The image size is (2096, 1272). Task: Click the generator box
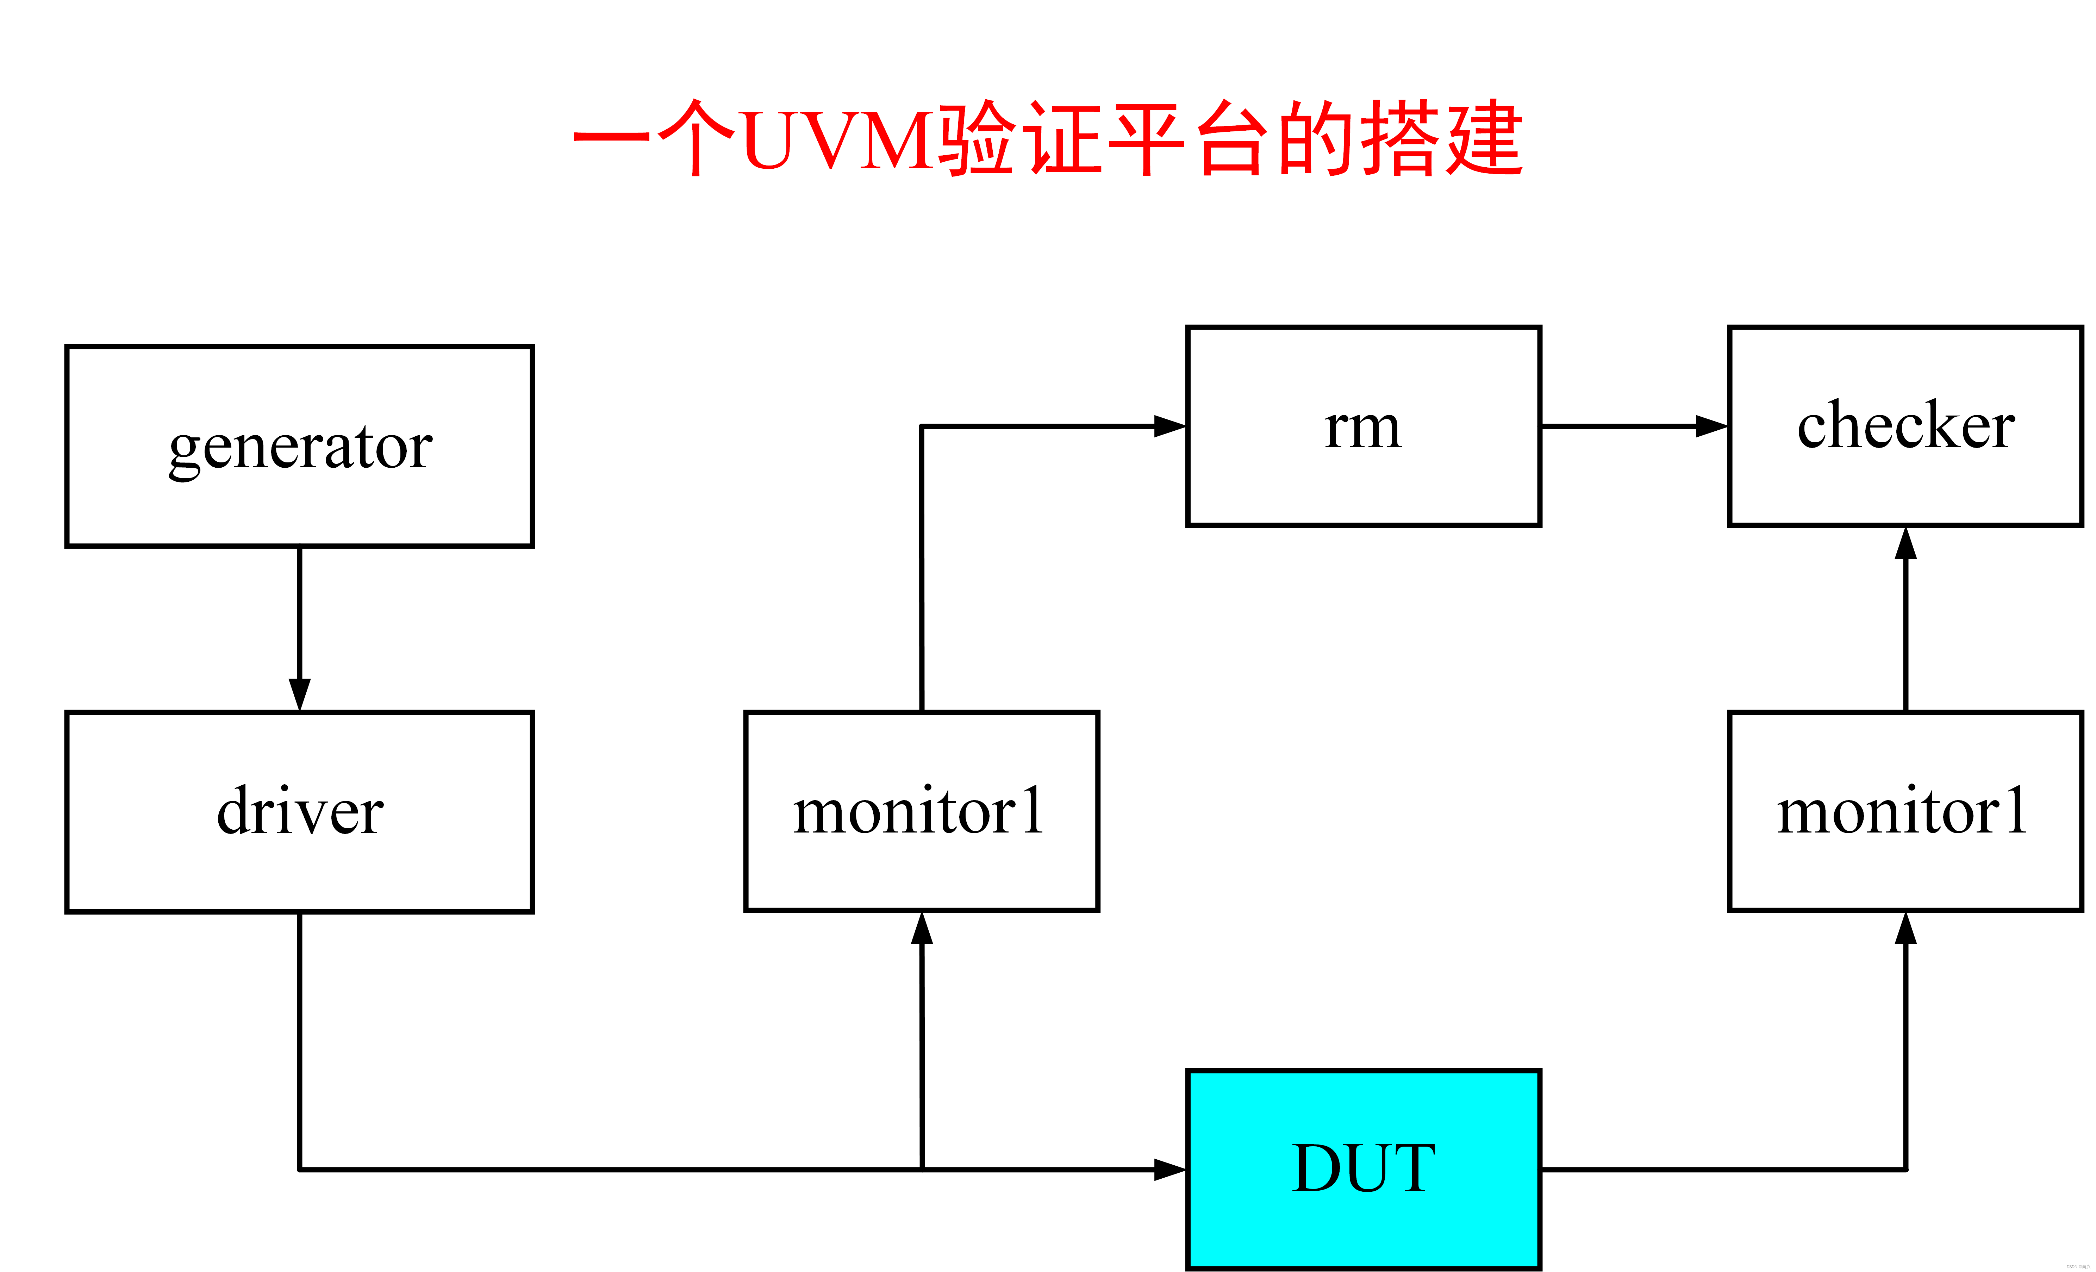click(x=299, y=446)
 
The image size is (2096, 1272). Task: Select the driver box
click(x=299, y=812)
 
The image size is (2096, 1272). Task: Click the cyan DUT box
click(x=1363, y=1169)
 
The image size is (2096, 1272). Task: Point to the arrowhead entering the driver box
click(x=299, y=693)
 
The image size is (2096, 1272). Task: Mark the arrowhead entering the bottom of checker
click(x=1905, y=544)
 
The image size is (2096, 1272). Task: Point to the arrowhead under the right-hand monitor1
click(x=1905, y=929)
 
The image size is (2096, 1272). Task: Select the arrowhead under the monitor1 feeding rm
click(x=921, y=929)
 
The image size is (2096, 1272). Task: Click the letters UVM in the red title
click(x=838, y=141)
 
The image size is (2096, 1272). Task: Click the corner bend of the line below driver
click(x=299, y=1169)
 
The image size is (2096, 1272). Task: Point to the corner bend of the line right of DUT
click(x=1905, y=1169)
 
